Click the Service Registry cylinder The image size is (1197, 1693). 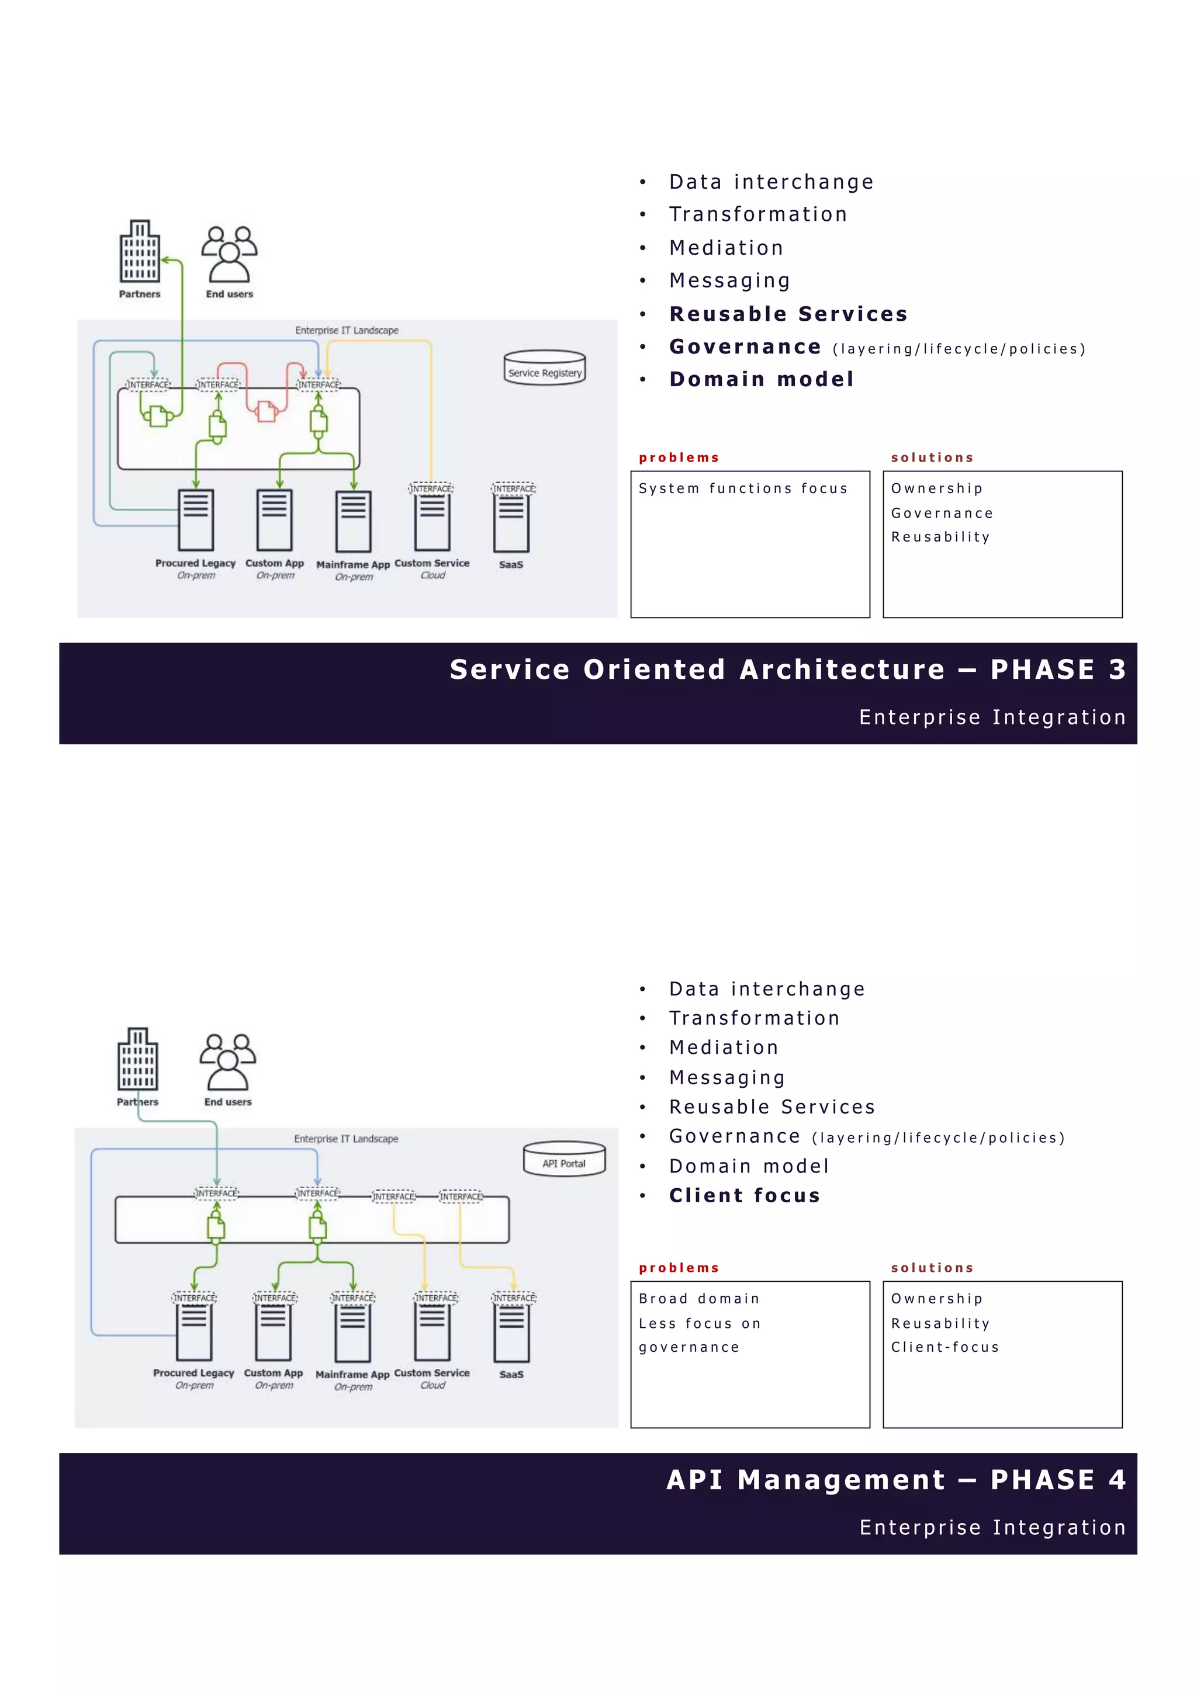coord(544,368)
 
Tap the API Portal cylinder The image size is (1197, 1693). coord(564,1159)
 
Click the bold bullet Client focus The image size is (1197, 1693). coord(744,1195)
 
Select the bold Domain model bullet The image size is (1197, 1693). coord(761,379)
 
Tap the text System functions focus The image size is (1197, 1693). coord(743,488)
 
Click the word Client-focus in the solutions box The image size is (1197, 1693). coord(945,1347)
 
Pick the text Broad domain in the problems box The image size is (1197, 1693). coord(698,1299)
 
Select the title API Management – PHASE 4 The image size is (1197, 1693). coord(895,1480)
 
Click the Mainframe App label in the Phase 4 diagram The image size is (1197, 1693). coord(352,1375)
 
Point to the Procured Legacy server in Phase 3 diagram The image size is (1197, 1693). coord(196,520)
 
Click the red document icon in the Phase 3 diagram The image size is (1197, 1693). coord(267,411)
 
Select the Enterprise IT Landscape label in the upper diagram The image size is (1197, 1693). coord(347,330)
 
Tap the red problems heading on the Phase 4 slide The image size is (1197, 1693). coord(679,1268)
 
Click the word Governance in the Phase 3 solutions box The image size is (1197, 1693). coord(942,513)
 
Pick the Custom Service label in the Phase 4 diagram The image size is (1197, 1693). coord(431,1373)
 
